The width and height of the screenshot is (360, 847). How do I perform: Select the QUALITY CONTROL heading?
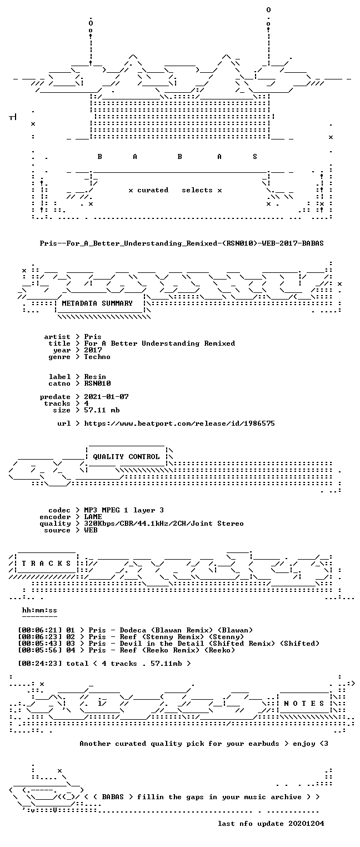[126, 456]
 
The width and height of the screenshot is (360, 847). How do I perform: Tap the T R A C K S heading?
[46, 563]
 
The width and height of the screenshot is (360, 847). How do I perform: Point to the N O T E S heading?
[304, 703]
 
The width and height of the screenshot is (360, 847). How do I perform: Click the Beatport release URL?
[179, 423]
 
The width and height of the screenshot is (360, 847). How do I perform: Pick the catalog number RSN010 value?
[97, 383]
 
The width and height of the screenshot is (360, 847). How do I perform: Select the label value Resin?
[95, 377]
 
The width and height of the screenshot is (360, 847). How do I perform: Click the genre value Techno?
[97, 357]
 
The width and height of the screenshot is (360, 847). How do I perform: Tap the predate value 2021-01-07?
[106, 397]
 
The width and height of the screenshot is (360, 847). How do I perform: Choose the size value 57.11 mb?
[102, 410]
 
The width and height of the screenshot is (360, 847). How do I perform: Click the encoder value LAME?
[93, 516]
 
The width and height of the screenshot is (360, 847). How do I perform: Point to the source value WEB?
[91, 530]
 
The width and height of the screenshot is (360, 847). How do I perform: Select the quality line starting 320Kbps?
[164, 524]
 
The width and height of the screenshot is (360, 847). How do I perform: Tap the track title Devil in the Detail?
[162, 643]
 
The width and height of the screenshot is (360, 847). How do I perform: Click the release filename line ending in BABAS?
[182, 243]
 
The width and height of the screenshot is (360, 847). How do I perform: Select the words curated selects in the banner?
[175, 190]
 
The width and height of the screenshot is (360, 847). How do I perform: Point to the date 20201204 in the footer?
[306, 824]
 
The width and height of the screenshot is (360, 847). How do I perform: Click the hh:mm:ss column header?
[39, 610]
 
